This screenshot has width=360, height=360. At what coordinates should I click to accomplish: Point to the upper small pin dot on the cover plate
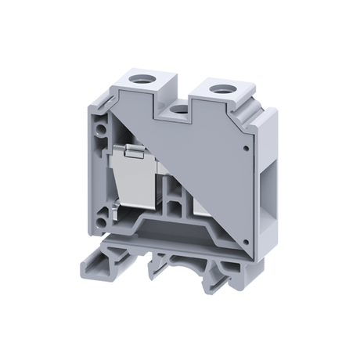(x=247, y=146)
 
